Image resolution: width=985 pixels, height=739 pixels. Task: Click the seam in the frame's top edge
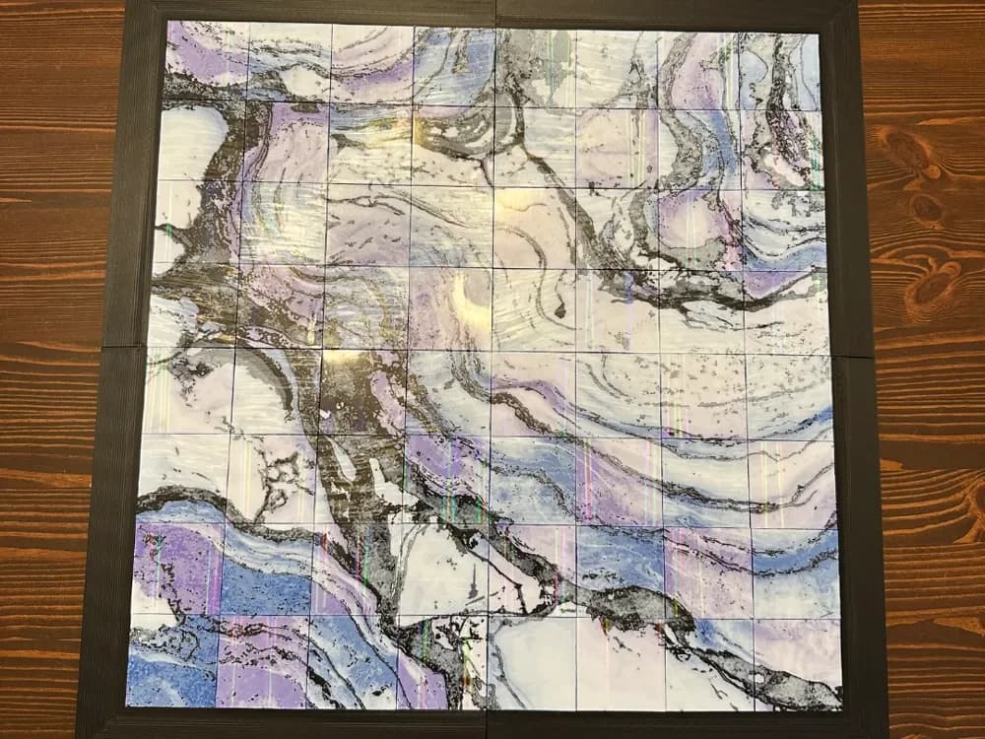coord(495,12)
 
